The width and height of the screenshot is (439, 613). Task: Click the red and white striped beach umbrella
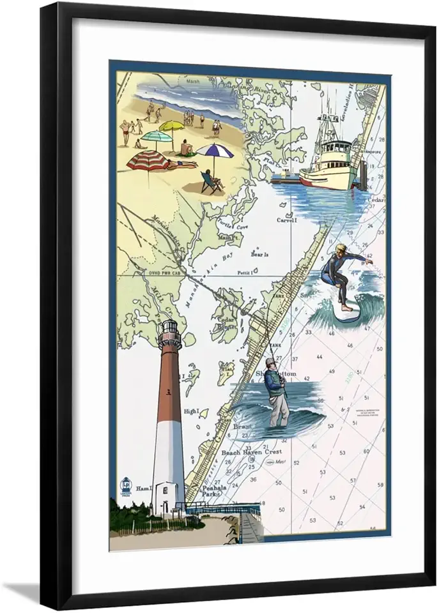coord(148,160)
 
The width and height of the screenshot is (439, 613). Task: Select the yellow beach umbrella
coord(171,126)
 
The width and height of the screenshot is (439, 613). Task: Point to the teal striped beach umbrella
coord(157,136)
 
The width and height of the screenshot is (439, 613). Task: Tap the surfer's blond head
coord(340,250)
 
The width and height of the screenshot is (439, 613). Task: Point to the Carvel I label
coord(287,220)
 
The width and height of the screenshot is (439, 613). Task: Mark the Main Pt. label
coord(227,237)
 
